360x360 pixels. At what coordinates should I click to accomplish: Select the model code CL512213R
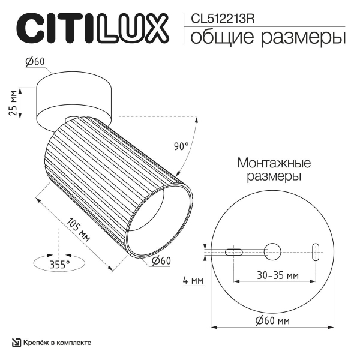(224, 19)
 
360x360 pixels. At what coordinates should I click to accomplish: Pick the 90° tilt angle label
(181, 146)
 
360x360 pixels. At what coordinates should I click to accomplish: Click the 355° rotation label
(59, 263)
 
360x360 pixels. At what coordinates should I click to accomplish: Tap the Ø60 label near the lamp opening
(161, 260)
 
